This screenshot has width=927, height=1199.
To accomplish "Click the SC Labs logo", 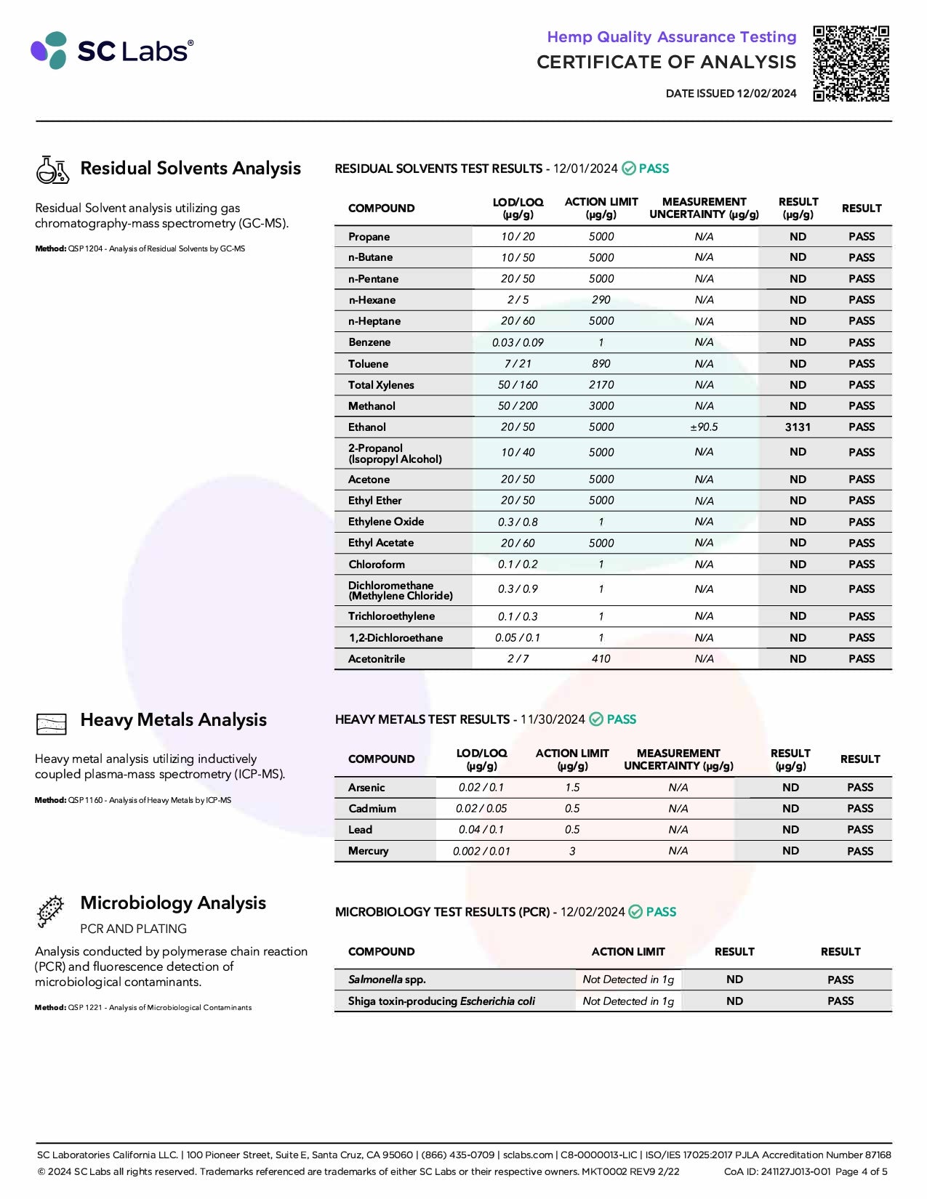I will tap(113, 51).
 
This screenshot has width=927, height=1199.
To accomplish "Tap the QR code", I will tap(851, 63).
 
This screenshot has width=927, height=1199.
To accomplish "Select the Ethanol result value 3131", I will tap(798, 427).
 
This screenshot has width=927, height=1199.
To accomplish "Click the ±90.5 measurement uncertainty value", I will tap(704, 427).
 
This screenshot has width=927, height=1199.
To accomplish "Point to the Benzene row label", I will tap(369, 342).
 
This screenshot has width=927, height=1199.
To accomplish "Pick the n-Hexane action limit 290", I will tap(601, 300).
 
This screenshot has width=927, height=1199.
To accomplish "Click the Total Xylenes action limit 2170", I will tap(601, 385).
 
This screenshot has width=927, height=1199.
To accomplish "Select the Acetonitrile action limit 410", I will tap(601, 659).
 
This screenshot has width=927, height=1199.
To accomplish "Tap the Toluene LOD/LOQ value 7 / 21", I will tap(518, 364).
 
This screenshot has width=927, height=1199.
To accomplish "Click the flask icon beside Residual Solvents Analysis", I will tap(52, 170).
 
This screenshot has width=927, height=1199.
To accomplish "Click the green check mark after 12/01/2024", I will tap(629, 169).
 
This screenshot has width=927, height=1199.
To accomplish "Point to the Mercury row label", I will tap(368, 851).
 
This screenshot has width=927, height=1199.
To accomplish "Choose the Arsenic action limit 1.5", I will tap(572, 788).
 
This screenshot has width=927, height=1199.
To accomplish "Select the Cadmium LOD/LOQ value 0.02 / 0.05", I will tap(481, 809).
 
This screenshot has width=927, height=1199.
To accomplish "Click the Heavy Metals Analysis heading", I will tap(173, 720).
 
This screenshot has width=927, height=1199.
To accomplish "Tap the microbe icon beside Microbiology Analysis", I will tap(50, 911).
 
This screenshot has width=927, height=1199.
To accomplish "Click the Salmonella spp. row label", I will tap(386, 980).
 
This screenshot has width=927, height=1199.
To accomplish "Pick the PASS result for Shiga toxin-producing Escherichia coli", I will tap(840, 1001).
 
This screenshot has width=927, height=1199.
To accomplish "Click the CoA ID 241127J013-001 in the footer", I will tap(777, 1172).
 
